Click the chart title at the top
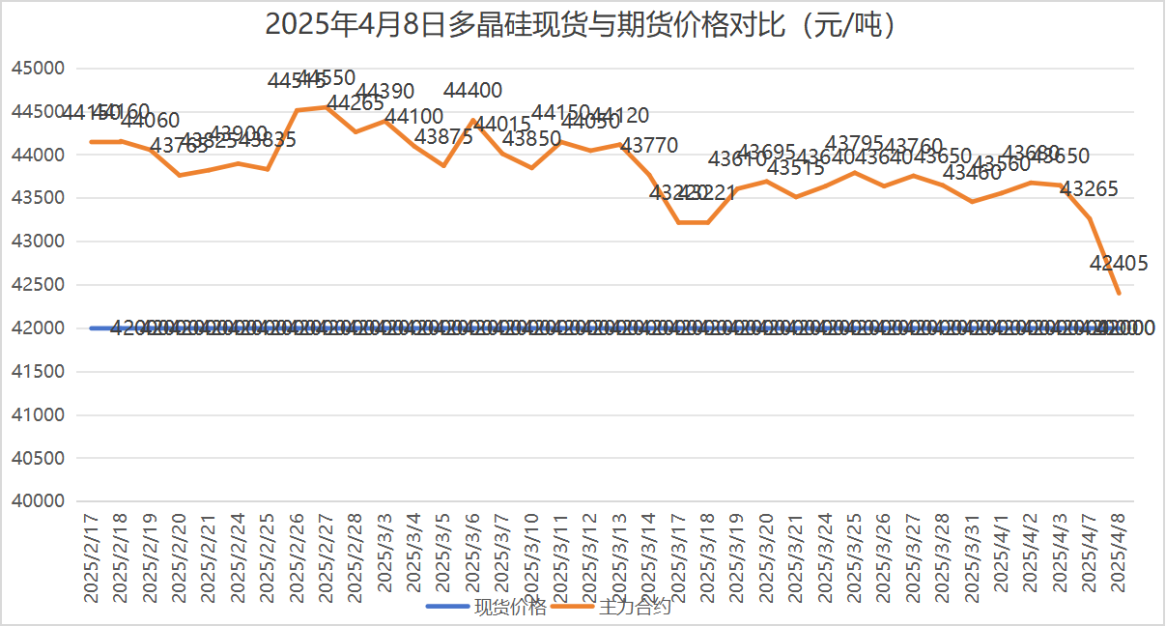(582, 24)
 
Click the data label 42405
(1119, 263)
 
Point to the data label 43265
(1090, 189)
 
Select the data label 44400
(473, 91)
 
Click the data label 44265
(355, 102)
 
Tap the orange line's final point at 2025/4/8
(1120, 293)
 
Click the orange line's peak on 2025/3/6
(473, 121)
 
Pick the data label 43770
(649, 145)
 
